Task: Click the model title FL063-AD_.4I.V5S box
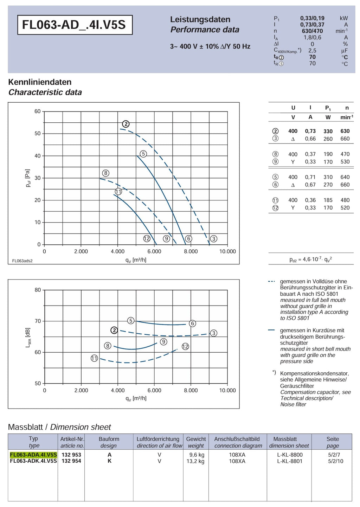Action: pos(75,25)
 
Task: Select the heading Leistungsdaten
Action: pos(200,19)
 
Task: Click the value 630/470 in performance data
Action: pos(312,31)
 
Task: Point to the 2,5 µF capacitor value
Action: pos(312,51)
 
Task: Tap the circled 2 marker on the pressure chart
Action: pos(126,124)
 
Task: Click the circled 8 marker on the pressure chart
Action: pos(106,173)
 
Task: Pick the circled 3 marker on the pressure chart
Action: pos(214,239)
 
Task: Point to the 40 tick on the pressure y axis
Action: pos(38,156)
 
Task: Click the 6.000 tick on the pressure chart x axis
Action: pos(154,251)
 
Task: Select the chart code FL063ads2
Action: pos(22,261)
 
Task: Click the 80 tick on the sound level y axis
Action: pos(38,290)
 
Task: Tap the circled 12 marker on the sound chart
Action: pos(185,347)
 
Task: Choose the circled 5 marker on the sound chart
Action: pos(131,321)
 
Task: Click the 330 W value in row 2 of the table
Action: pos(328,131)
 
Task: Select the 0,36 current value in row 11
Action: pos(310,200)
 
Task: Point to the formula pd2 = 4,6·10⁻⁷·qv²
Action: pos(310,259)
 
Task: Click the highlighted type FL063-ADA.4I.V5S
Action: pos(33,455)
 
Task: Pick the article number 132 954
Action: pos(71,461)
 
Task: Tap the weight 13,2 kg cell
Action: pos(195,461)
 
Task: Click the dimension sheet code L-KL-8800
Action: pos(290,455)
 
